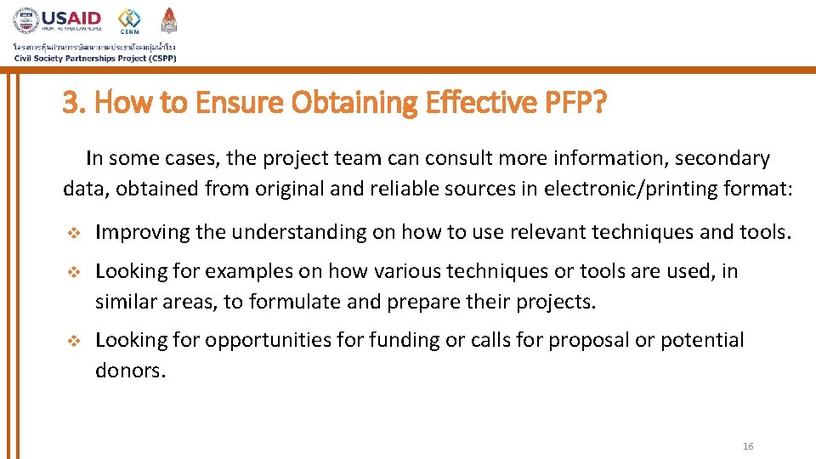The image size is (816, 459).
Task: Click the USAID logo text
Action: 71,18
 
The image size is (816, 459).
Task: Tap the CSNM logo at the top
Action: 129,20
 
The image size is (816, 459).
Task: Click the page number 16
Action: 748,446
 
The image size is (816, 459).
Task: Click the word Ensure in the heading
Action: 239,103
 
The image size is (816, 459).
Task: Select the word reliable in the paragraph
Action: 404,189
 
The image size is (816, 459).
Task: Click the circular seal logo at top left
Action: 25,20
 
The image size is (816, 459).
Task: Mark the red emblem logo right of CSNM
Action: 170,20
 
